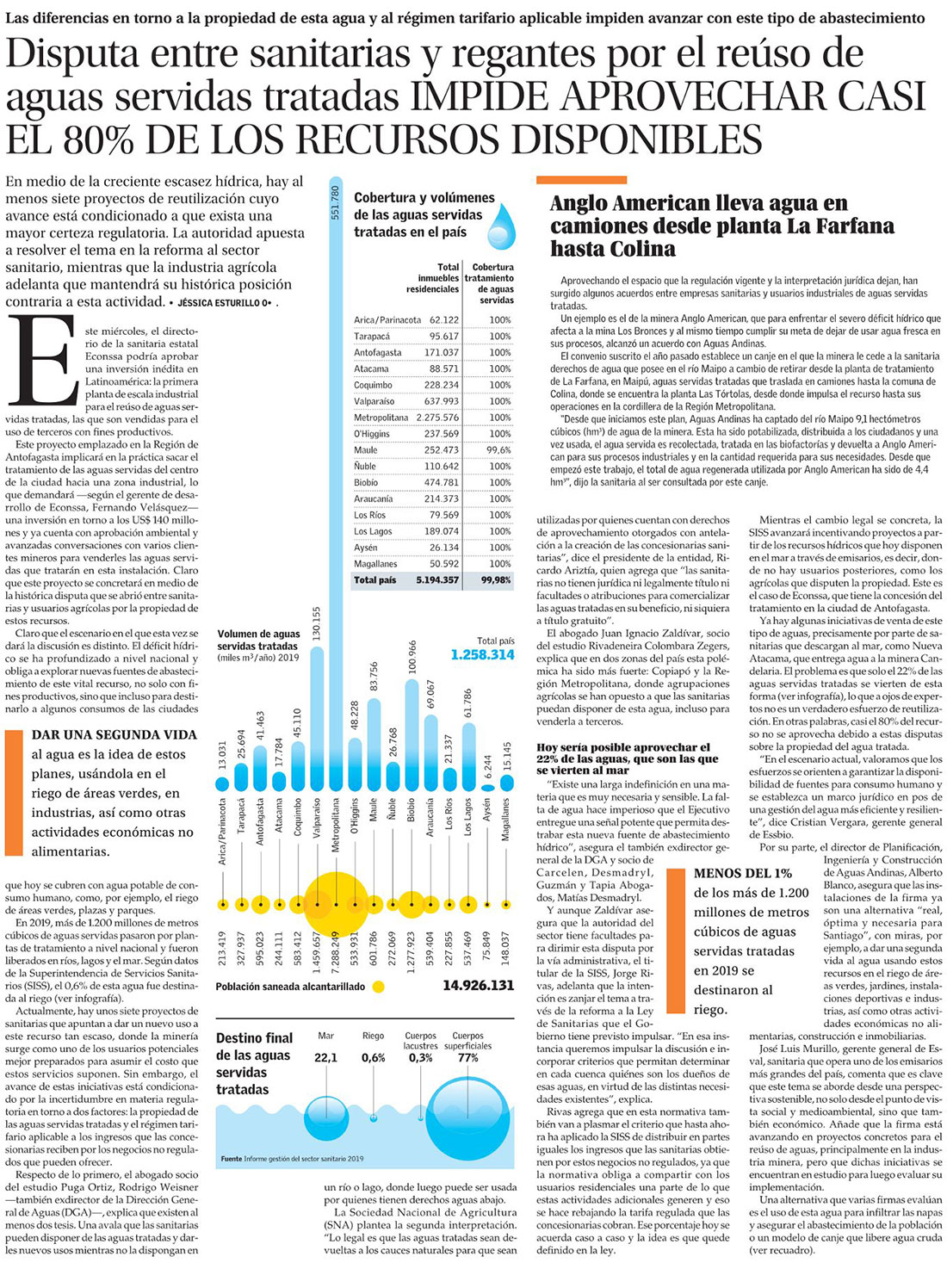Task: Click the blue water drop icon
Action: (x=501, y=226)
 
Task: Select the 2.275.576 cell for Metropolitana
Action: (x=436, y=418)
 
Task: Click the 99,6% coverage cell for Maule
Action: (x=498, y=450)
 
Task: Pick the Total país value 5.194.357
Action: (x=436, y=580)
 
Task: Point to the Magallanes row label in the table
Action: (x=374, y=564)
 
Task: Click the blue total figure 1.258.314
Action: (x=482, y=655)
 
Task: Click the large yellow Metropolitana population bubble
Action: (x=336, y=905)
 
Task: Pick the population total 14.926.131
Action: (x=478, y=986)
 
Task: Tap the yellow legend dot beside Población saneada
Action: (x=377, y=987)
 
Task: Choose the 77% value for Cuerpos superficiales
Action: (x=467, y=1057)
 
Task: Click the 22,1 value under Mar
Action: (x=325, y=1057)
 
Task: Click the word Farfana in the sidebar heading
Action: (x=845, y=226)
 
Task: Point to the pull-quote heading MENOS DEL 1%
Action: (x=743, y=873)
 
